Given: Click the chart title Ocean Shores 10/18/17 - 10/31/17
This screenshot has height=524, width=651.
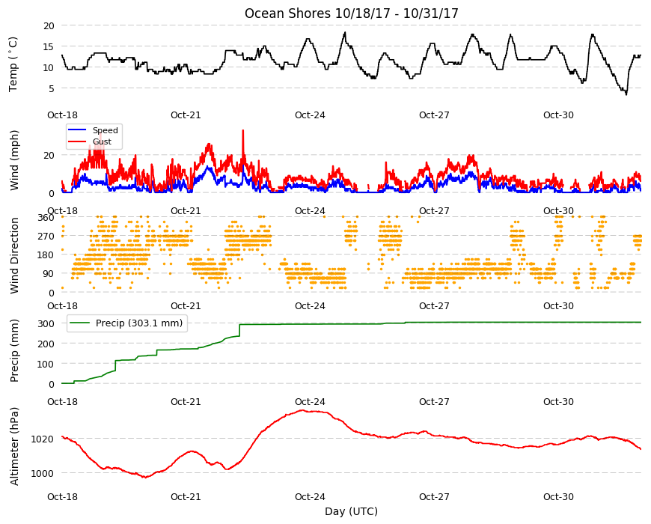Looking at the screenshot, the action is pyautogui.click(x=351, y=13).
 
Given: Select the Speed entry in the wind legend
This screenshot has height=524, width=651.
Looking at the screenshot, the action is pyautogui.click(x=105, y=130).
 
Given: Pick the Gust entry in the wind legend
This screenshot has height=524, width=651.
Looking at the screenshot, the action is pyautogui.click(x=102, y=141).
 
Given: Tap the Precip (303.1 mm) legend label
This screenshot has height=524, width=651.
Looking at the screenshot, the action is pyautogui.click(x=139, y=323).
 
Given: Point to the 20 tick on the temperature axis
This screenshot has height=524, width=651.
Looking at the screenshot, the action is pyautogui.click(x=49, y=25).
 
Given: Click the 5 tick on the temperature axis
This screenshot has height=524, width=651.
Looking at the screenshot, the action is pyautogui.click(x=52, y=88).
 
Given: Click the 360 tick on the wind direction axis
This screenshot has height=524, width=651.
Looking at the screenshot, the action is pyautogui.click(x=46, y=218).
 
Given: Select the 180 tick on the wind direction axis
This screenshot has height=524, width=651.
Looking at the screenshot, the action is pyautogui.click(x=46, y=255).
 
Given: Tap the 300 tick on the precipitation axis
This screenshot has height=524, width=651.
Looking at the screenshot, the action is pyautogui.click(x=46, y=323).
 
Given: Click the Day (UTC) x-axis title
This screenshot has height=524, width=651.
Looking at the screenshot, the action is pyautogui.click(x=351, y=511).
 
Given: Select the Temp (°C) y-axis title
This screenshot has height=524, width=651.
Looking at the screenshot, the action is pyautogui.click(x=13, y=64).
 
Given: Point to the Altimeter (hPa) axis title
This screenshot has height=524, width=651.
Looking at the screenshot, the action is pyautogui.click(x=14, y=446).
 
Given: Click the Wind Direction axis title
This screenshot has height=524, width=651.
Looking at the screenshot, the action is pyautogui.click(x=14, y=256).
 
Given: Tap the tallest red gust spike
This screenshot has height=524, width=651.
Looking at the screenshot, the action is pyautogui.click(x=243, y=130).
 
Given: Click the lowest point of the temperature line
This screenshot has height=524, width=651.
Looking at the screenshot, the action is pyautogui.click(x=626, y=94).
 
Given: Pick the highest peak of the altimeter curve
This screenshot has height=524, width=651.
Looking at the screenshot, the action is pyautogui.click(x=302, y=410).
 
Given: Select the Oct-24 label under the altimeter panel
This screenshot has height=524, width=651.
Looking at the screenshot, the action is pyautogui.click(x=310, y=496).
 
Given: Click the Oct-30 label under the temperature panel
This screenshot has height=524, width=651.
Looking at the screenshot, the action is pyautogui.click(x=558, y=115).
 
